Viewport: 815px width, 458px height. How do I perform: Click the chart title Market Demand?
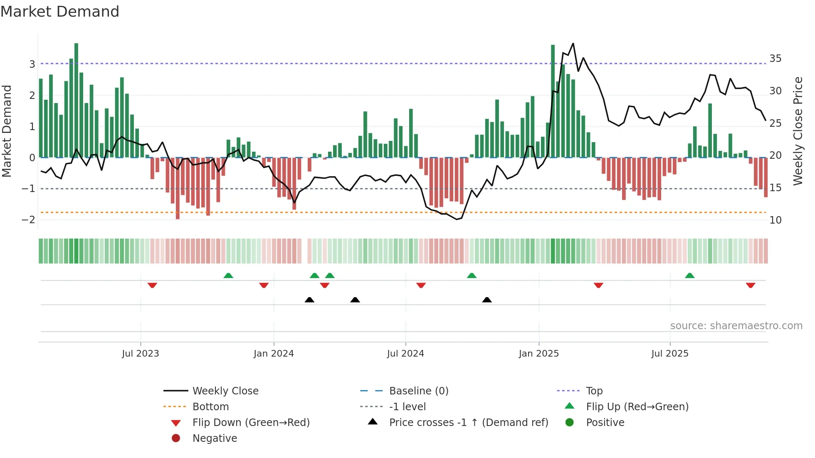(x=60, y=12)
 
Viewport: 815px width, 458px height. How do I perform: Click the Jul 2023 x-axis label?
(x=140, y=354)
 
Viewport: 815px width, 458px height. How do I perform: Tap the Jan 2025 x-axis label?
(x=538, y=354)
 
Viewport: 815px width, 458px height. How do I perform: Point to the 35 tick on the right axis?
(x=775, y=59)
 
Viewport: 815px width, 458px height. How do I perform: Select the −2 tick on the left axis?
(x=28, y=220)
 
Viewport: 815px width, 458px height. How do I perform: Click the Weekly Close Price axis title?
(x=798, y=131)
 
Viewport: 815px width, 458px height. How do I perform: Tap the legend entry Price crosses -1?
(x=468, y=423)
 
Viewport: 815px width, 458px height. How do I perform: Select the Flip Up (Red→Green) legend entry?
(x=637, y=407)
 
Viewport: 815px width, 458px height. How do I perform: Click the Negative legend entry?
(x=215, y=438)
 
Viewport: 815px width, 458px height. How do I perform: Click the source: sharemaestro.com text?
(x=736, y=326)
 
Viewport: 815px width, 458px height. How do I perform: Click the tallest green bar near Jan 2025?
(x=553, y=100)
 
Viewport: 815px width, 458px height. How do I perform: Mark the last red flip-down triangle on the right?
(x=750, y=285)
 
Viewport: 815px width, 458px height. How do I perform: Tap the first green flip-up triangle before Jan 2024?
(x=228, y=276)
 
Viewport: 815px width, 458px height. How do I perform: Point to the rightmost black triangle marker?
(x=487, y=300)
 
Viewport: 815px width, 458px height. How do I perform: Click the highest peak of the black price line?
(x=573, y=44)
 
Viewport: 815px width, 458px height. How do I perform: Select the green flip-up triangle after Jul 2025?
(x=689, y=276)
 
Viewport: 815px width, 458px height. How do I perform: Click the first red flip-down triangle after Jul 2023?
(x=152, y=285)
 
